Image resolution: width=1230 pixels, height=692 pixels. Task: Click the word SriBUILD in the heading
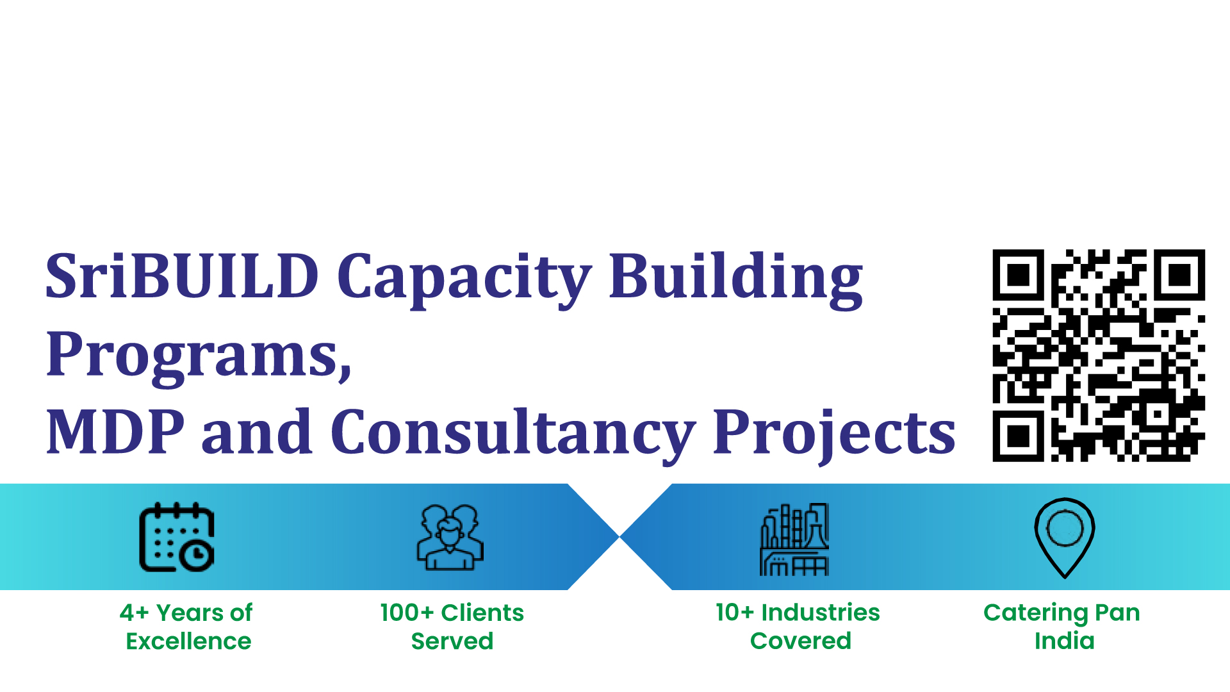tap(182, 276)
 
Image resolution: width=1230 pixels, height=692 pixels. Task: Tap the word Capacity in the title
tap(464, 279)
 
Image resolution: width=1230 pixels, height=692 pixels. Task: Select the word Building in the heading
tap(735, 279)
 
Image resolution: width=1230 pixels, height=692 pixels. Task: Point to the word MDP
tap(115, 432)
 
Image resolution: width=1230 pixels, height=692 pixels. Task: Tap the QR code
tap(1099, 356)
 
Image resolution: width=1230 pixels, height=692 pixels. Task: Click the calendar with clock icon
tap(177, 537)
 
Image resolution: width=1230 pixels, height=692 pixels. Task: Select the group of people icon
tap(450, 538)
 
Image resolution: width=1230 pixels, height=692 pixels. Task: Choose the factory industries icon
tap(794, 539)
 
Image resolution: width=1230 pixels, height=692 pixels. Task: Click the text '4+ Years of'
tap(186, 613)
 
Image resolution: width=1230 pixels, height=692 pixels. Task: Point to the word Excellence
tap(188, 641)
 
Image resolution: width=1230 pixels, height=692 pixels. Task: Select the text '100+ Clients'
tap(452, 613)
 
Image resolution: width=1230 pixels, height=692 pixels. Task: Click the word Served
tap(452, 641)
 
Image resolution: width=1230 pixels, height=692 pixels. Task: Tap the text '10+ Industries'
tap(798, 613)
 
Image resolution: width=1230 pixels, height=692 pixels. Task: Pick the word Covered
tap(801, 641)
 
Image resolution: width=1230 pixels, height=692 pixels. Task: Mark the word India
tap(1065, 641)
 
